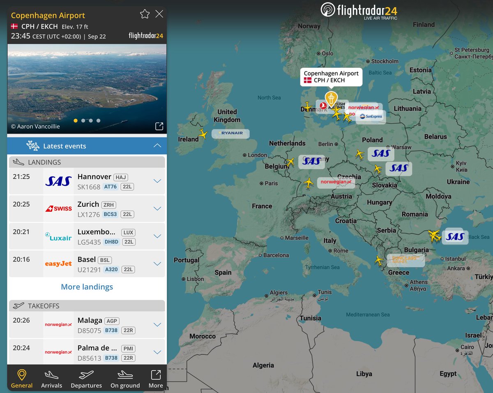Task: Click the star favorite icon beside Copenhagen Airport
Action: click(x=145, y=14)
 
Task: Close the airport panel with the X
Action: click(x=159, y=14)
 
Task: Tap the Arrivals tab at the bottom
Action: click(x=51, y=379)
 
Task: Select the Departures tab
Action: click(x=86, y=379)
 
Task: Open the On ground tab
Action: click(x=125, y=379)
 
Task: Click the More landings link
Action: click(x=87, y=287)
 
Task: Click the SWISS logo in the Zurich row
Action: click(x=58, y=208)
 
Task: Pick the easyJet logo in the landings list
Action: click(x=58, y=264)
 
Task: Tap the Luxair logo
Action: click(x=58, y=236)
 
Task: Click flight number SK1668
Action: click(x=89, y=187)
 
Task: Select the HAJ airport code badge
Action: click(x=121, y=177)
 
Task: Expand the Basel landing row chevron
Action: click(x=157, y=264)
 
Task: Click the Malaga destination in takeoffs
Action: click(x=90, y=321)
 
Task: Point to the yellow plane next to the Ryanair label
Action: click(x=203, y=134)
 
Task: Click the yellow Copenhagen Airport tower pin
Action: click(x=331, y=99)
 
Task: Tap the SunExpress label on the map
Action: click(x=371, y=117)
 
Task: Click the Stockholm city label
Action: click(x=385, y=61)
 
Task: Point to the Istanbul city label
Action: click(x=455, y=259)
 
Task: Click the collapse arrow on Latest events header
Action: click(x=157, y=146)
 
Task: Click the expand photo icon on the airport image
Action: click(x=159, y=127)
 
